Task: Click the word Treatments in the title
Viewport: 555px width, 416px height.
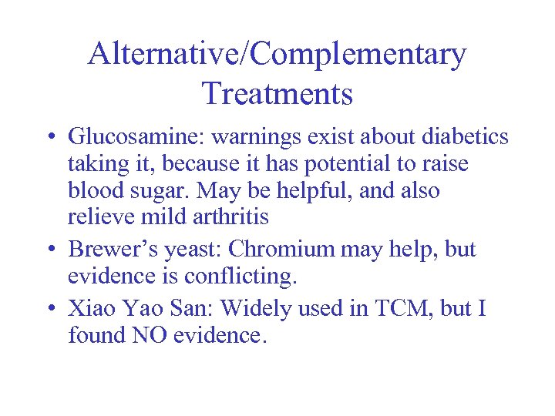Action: point(277,94)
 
